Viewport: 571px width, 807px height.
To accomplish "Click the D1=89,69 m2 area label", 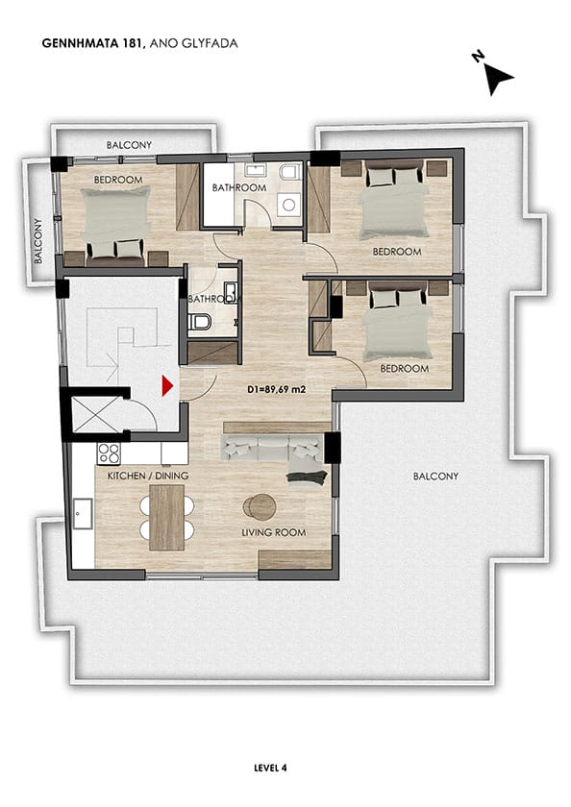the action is click(277, 390).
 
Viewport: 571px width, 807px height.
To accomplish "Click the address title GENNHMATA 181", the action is click(91, 43).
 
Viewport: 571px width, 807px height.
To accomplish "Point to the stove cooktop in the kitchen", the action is click(109, 453).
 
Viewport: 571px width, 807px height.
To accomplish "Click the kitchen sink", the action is click(83, 513).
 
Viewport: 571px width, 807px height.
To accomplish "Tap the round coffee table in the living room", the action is click(260, 506).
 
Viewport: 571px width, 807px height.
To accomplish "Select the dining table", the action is click(167, 517).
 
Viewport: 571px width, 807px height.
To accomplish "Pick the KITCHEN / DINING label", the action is click(148, 476).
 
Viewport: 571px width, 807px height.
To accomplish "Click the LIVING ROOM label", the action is click(274, 532).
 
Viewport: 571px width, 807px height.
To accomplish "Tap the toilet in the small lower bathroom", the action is click(200, 322).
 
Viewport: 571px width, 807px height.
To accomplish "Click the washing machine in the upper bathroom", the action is click(288, 205).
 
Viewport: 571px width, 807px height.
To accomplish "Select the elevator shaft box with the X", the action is click(93, 414).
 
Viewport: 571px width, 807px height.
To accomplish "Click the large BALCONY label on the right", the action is click(435, 477).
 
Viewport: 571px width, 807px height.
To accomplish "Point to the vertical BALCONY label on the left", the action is click(38, 241).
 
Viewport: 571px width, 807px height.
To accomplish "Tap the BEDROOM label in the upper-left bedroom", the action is click(118, 180).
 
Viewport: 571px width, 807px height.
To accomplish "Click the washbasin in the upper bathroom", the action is click(255, 170).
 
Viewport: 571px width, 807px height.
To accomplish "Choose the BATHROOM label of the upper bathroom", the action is click(239, 188).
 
